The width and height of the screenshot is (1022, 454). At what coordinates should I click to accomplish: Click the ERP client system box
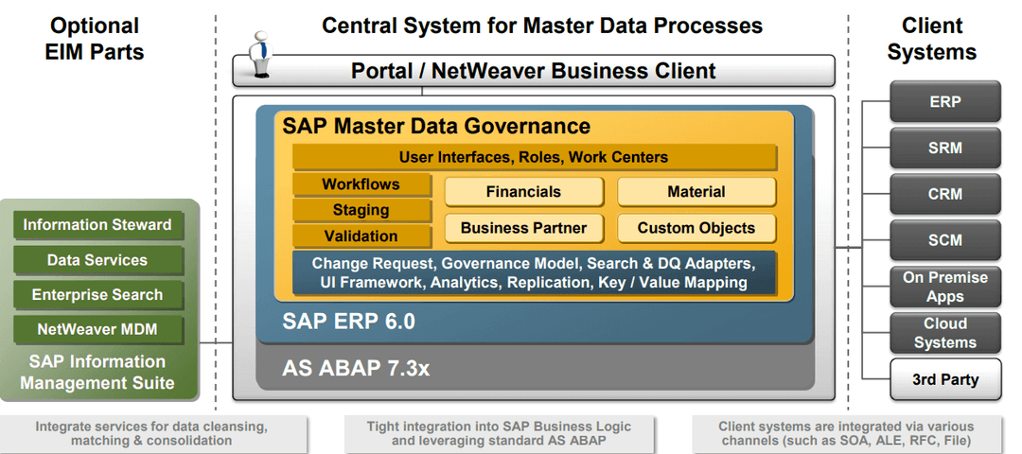[944, 102]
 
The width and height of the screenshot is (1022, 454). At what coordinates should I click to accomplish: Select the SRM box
[944, 148]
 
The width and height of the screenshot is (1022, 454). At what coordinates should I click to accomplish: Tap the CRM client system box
[944, 194]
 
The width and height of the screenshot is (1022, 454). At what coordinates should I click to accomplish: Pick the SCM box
[944, 240]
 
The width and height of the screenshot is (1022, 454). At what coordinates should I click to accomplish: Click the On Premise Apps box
[944, 287]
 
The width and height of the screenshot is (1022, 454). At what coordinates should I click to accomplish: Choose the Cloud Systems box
[944, 333]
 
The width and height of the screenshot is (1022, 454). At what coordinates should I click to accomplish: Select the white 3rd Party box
[944, 379]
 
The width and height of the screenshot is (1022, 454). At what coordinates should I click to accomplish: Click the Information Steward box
[97, 225]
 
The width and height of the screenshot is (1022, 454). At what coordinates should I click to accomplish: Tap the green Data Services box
[97, 260]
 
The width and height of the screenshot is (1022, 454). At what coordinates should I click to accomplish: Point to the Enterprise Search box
[97, 295]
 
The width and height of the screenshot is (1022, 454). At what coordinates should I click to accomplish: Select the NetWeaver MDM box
[97, 330]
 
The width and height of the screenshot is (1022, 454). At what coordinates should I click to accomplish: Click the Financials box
[523, 192]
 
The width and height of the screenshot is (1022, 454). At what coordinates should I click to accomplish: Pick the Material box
[696, 192]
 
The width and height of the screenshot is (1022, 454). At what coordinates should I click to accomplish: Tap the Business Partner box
[523, 228]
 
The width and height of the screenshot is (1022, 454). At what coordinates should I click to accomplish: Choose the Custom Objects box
[696, 228]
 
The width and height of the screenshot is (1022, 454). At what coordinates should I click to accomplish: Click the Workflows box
[361, 184]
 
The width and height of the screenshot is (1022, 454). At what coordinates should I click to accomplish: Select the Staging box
[361, 210]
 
